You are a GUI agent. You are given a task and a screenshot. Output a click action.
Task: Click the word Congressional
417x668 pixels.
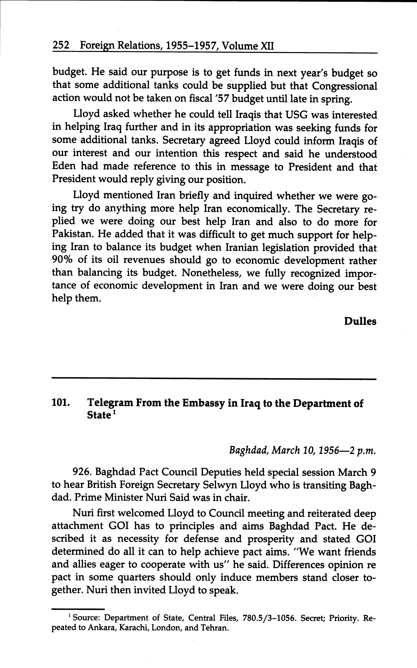click(x=344, y=86)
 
